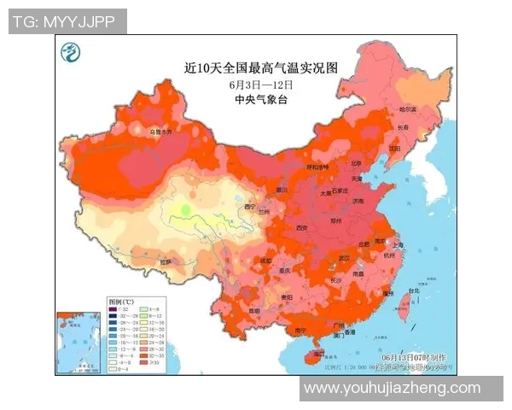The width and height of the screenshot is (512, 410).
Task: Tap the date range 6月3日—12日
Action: click(261, 84)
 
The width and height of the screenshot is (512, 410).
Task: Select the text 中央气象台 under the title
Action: click(261, 99)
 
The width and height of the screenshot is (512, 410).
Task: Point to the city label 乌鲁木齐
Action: click(162, 132)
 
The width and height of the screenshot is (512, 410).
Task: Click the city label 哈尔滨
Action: click(408, 109)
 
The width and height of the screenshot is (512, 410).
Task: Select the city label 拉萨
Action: click(166, 261)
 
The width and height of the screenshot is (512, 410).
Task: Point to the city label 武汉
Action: click(344, 257)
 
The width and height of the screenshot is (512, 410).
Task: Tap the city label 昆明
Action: click(254, 312)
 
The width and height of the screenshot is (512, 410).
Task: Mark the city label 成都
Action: click(265, 261)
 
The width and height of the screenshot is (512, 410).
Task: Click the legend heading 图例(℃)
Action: click(121, 302)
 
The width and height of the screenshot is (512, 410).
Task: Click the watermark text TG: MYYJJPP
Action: click(67, 20)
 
